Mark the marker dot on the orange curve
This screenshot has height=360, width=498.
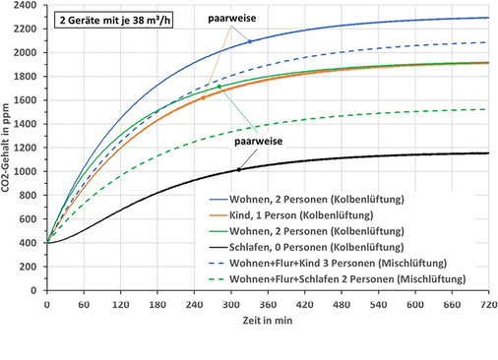pos(204,98)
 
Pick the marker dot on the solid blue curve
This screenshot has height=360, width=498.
pos(250,41)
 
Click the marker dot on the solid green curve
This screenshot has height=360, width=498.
pos(219,87)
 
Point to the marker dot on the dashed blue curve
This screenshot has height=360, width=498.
pos(156,113)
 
